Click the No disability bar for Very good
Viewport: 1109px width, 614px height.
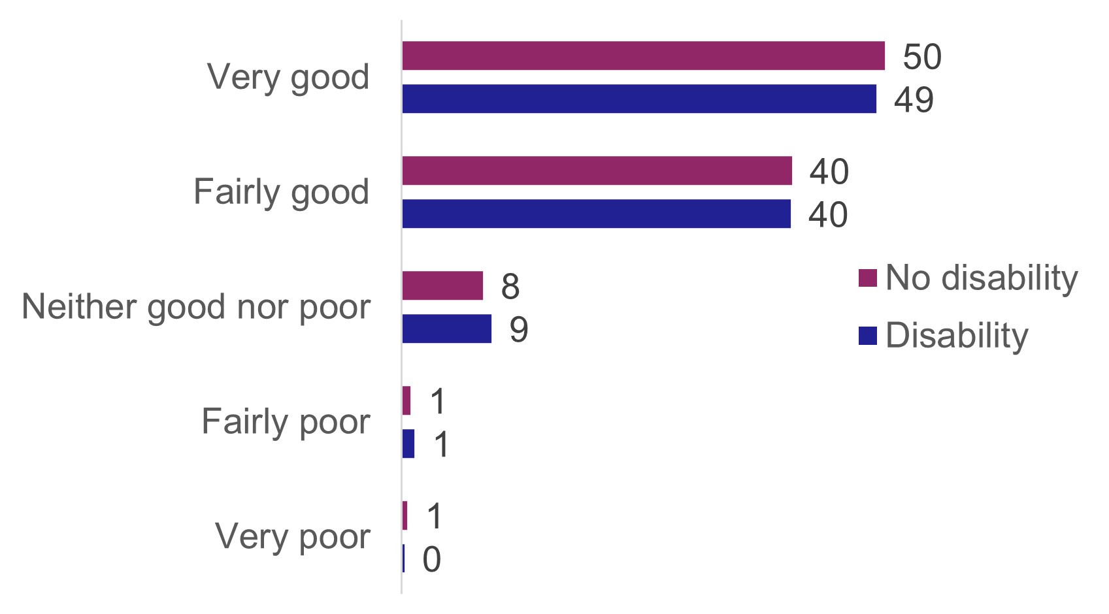(643, 56)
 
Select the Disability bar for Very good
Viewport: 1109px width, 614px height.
(639, 99)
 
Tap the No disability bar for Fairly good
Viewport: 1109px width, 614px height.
(597, 170)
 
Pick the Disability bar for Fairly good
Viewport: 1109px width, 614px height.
(596, 214)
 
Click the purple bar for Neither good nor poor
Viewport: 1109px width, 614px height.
(442, 285)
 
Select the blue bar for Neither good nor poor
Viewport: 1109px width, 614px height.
(446, 329)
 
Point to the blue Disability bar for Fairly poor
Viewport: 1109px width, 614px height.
(408, 444)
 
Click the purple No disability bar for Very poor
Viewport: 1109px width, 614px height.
(405, 515)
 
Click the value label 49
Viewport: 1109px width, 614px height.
(914, 99)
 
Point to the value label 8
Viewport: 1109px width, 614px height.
(510, 286)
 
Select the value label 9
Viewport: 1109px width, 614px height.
(518, 329)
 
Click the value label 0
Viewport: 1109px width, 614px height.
(431, 559)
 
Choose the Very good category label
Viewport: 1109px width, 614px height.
(288, 77)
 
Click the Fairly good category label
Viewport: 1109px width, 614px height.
(281, 192)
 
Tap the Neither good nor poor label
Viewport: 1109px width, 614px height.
(196, 307)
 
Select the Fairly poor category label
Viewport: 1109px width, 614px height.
(286, 421)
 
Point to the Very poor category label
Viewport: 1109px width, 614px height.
(292, 536)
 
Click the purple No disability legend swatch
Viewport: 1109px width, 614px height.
(867, 278)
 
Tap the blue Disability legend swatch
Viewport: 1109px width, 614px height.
(867, 335)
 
